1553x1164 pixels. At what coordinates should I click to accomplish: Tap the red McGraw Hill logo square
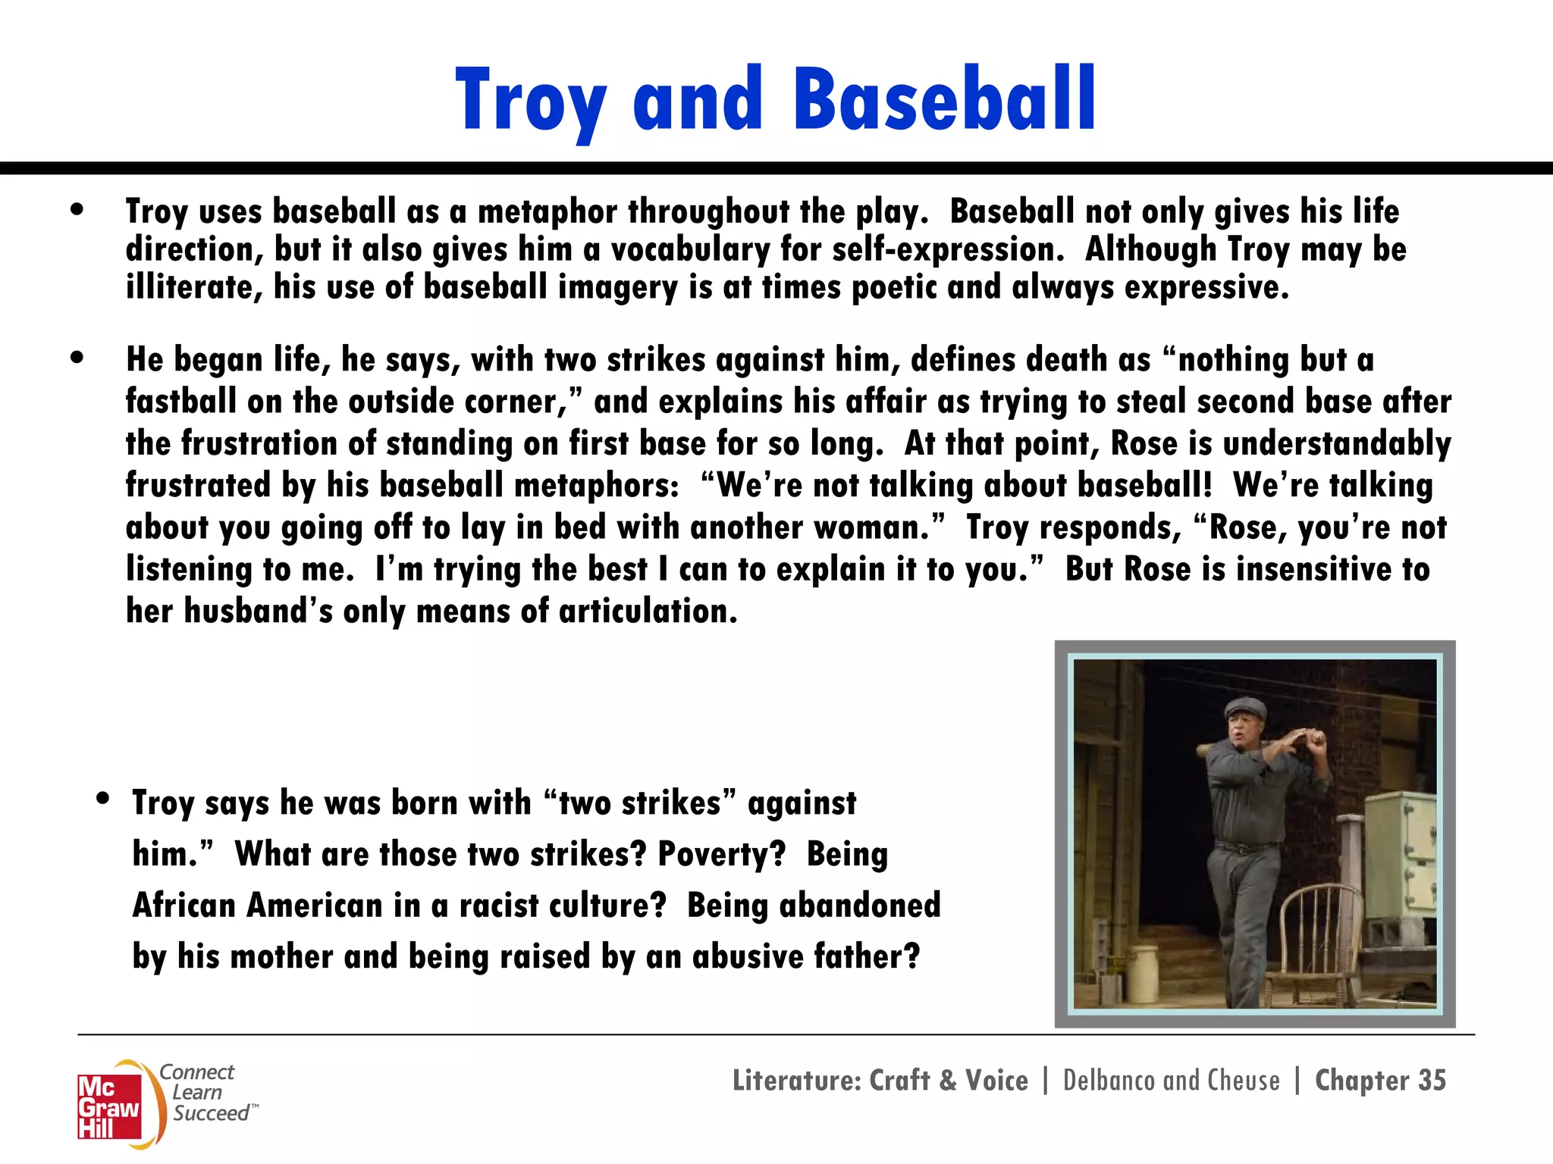point(109,1106)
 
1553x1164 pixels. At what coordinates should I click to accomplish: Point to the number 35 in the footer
point(1432,1080)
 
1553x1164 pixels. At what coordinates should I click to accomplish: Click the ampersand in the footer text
point(948,1081)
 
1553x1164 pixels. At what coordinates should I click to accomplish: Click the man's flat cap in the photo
point(1246,708)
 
